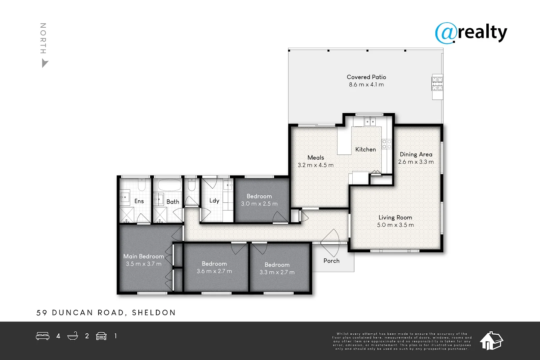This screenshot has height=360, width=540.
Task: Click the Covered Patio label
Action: pyautogui.click(x=366, y=77)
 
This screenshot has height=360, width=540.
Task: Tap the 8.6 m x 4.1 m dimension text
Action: pyautogui.click(x=366, y=85)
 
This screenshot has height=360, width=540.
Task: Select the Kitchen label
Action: pyautogui.click(x=365, y=149)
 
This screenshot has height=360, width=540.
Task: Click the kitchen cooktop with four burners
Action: pyautogui.click(x=386, y=144)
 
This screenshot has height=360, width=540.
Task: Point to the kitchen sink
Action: pyautogui.click(x=370, y=121)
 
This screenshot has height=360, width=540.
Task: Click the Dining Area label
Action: pyautogui.click(x=416, y=155)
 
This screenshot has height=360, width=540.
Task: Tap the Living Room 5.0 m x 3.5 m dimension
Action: pyautogui.click(x=395, y=225)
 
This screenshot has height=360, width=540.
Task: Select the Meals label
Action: pyautogui.click(x=316, y=158)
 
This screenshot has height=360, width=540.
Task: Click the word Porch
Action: pyautogui.click(x=331, y=261)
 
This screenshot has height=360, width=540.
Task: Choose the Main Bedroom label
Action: pyautogui.click(x=143, y=256)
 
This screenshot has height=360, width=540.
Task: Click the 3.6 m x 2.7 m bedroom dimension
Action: pyautogui.click(x=214, y=271)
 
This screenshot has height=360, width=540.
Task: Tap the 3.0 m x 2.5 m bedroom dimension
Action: pyautogui.click(x=259, y=204)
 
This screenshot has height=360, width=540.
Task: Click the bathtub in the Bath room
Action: pyautogui.click(x=169, y=185)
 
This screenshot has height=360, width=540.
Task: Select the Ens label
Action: pyautogui.click(x=139, y=201)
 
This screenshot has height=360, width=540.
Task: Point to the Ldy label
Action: pyautogui.click(x=214, y=201)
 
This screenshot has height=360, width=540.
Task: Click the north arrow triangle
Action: pyautogui.click(x=44, y=63)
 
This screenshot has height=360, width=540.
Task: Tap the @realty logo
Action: pyautogui.click(x=471, y=33)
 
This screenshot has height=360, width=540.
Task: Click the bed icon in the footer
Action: pyautogui.click(x=43, y=336)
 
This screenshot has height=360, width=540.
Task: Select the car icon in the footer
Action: pyautogui.click(x=101, y=336)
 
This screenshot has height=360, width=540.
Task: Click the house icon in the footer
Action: pyautogui.click(x=491, y=341)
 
